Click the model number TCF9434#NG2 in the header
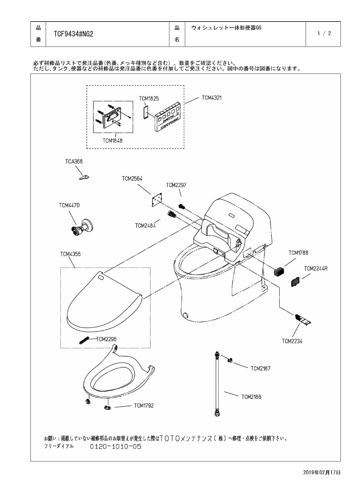(x=73, y=34)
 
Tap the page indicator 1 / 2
(x=324, y=33)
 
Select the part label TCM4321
(x=211, y=98)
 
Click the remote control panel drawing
(x=167, y=117)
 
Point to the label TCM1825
(x=149, y=99)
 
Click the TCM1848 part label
(x=112, y=141)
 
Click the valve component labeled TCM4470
(x=82, y=227)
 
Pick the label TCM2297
(x=176, y=185)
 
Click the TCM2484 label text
(x=145, y=226)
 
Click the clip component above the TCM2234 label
(x=302, y=320)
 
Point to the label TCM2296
(x=106, y=339)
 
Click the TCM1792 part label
(x=144, y=405)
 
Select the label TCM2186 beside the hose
(x=251, y=397)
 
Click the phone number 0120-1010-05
(x=116, y=447)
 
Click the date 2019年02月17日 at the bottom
(x=321, y=472)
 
